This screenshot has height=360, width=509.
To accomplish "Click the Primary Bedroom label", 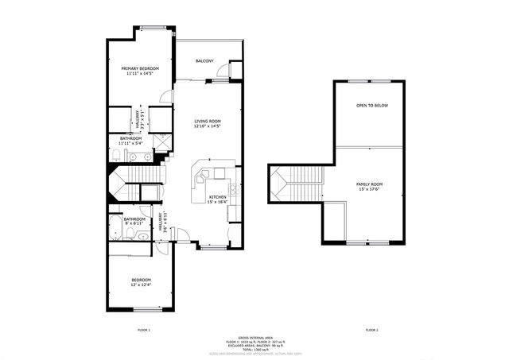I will [x=140, y=69].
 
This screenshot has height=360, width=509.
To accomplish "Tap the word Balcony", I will [x=204, y=60].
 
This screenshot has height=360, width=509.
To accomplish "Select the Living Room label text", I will [x=207, y=121].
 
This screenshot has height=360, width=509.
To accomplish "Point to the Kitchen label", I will [x=217, y=197].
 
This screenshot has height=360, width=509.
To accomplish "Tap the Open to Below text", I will [x=371, y=106].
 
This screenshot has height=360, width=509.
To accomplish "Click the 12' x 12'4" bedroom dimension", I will [x=141, y=285].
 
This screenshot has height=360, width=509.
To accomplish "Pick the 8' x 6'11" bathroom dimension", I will [x=134, y=224].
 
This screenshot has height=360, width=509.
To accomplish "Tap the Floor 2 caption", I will [x=371, y=329].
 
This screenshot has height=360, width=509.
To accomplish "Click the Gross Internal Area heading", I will [x=254, y=337].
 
